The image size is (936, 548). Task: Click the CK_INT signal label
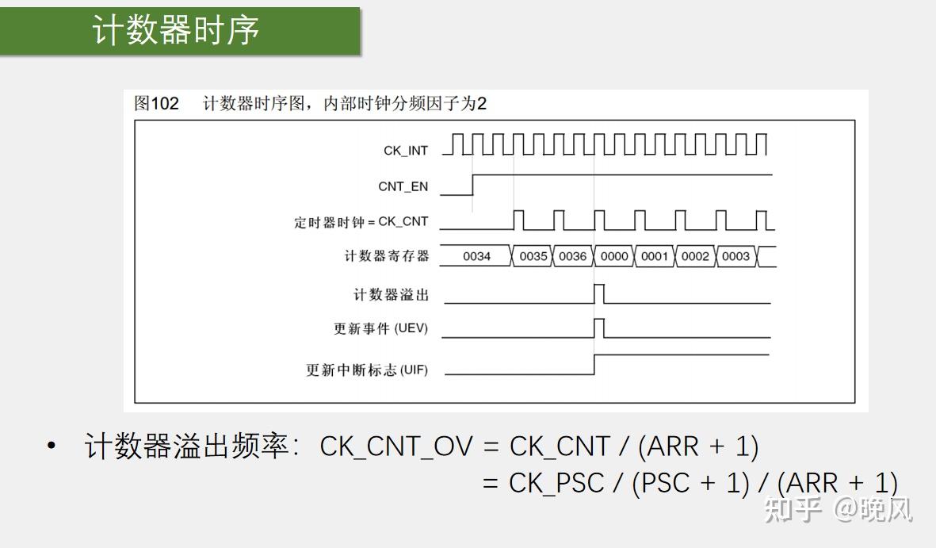pyautogui.click(x=406, y=151)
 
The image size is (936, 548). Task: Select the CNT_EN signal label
pyautogui.click(x=403, y=186)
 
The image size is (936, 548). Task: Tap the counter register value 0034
pyautogui.click(x=476, y=256)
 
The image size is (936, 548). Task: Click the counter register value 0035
pyautogui.click(x=533, y=256)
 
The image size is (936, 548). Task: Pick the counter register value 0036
pyautogui.click(x=572, y=256)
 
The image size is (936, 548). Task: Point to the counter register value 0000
pyautogui.click(x=614, y=256)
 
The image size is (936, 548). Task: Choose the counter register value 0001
pyautogui.click(x=654, y=256)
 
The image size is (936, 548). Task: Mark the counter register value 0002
pyautogui.click(x=695, y=256)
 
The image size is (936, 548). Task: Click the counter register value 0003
pyautogui.click(x=735, y=256)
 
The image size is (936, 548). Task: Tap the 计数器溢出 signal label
pyautogui.click(x=391, y=294)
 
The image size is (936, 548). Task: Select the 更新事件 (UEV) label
pyautogui.click(x=381, y=328)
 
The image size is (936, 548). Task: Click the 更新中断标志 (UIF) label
pyautogui.click(x=367, y=370)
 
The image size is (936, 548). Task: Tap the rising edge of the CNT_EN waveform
pyautogui.click(x=473, y=185)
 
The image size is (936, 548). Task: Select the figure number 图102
pyautogui.click(x=156, y=103)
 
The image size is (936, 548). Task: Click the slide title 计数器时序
pyautogui.click(x=175, y=30)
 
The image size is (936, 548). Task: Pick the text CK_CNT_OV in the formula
pyautogui.click(x=395, y=447)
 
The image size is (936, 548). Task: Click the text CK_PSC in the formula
pyautogui.click(x=556, y=484)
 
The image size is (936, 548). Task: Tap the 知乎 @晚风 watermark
pyautogui.click(x=838, y=510)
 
